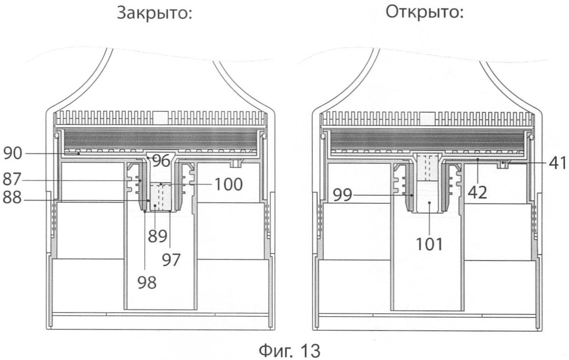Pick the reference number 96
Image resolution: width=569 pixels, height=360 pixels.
161,161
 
